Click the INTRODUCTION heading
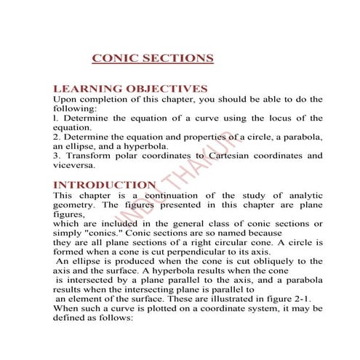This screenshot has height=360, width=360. (105, 185)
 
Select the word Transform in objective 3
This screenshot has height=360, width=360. (89, 156)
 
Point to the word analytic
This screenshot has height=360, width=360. (305, 196)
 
